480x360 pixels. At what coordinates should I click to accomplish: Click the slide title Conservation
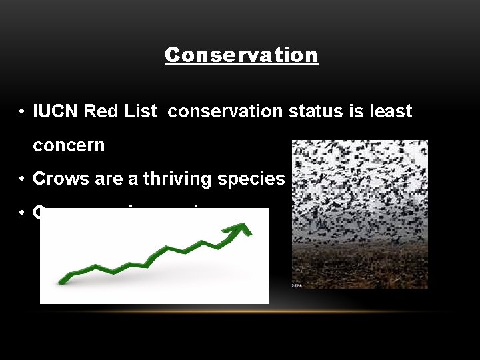coord(241,55)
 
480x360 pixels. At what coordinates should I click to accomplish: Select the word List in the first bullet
coord(137,111)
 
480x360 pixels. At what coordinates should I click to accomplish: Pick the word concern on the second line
coord(69,145)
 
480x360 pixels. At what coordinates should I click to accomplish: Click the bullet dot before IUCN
coord(23,112)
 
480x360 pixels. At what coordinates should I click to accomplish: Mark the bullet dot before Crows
coord(23,179)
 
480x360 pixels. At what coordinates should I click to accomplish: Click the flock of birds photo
coord(359,193)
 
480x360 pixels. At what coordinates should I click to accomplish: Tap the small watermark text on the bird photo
coord(297,285)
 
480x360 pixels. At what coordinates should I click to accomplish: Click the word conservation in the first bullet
coord(225,111)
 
